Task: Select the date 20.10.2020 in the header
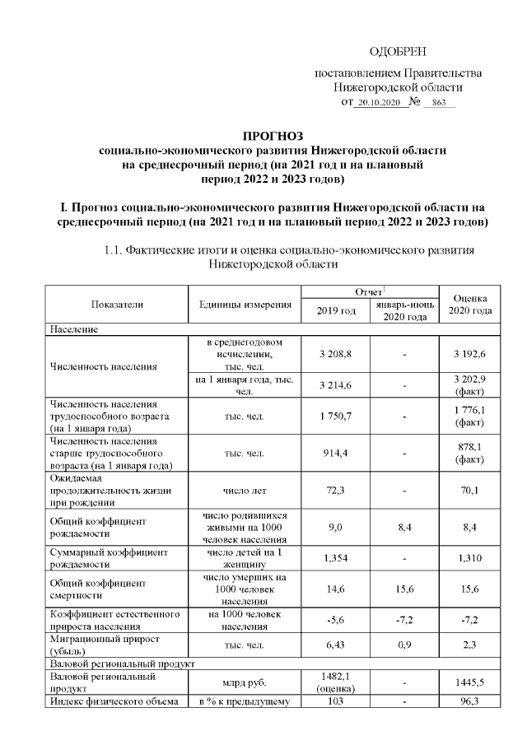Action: [x=380, y=103]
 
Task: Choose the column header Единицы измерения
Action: [x=245, y=305]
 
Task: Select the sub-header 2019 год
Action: [x=335, y=311]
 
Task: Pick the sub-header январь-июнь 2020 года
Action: [x=404, y=311]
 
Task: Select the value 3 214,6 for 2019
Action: [x=335, y=384]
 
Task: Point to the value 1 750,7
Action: [x=335, y=417]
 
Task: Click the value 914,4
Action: [x=335, y=453]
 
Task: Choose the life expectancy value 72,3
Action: [x=335, y=490]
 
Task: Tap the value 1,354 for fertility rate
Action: [x=335, y=558]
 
